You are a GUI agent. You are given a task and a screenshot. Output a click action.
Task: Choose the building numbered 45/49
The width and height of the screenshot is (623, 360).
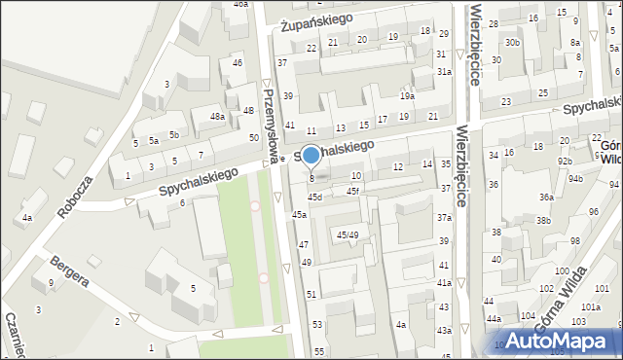347,234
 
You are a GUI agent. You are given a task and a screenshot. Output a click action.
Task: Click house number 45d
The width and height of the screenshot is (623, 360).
314,198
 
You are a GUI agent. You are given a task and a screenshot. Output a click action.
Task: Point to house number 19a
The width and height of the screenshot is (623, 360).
407,96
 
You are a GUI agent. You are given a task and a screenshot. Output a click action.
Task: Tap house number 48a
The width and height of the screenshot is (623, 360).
217,117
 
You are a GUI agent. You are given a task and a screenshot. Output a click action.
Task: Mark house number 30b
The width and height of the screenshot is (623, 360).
512,43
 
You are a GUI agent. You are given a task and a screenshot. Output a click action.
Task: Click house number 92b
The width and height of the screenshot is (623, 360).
565,161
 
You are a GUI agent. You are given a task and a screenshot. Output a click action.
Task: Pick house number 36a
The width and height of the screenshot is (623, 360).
547,198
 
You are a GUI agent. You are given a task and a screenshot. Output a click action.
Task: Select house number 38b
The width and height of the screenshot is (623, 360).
542,221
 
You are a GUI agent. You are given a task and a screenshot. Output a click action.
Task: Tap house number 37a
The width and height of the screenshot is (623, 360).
444,218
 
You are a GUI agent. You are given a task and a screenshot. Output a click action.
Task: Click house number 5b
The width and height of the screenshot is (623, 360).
173,134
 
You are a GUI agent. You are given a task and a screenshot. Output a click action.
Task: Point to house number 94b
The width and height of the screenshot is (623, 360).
576,179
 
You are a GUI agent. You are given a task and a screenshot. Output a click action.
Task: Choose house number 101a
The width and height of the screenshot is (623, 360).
590,306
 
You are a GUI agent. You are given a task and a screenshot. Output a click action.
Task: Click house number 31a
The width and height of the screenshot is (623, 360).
444,72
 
